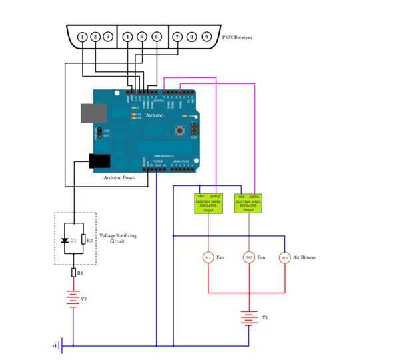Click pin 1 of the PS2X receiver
[x=82, y=37]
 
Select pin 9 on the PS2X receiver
[x=206, y=37]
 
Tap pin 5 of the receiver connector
[x=141, y=37]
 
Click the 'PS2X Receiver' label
[x=238, y=37]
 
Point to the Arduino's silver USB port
[x=92, y=113]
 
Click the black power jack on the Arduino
[x=99, y=161]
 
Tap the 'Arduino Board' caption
[x=119, y=178]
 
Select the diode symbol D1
[x=65, y=239]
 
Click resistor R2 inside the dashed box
[x=83, y=239]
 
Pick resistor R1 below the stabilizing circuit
[x=74, y=272]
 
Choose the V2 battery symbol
[x=73, y=298]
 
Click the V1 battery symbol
[x=249, y=318]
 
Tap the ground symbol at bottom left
[x=58, y=345]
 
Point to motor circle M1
[x=207, y=257]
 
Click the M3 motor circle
[x=284, y=257]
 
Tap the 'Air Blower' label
[x=304, y=257]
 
